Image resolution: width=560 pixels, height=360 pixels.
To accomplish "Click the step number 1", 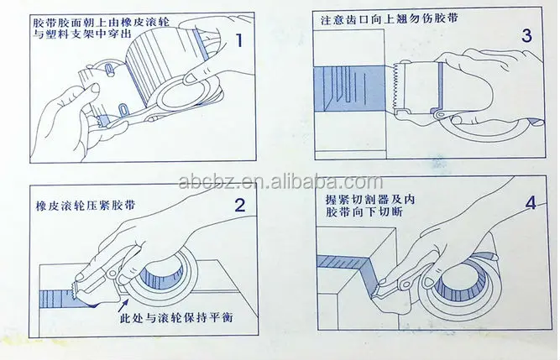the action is coord(239,40).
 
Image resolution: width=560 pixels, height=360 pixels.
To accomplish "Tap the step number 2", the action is coord(240,206).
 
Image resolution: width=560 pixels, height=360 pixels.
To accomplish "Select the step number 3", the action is coord(526,36).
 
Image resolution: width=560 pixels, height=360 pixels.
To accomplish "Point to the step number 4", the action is coord(531,202).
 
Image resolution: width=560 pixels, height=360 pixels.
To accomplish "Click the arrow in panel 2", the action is coord(122,305).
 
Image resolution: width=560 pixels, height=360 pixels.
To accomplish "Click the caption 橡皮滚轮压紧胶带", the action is coord(86,206).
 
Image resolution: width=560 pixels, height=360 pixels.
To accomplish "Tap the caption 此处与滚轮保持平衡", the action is coord(177,317).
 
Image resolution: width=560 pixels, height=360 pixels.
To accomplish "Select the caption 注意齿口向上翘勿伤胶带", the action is coord(390,19).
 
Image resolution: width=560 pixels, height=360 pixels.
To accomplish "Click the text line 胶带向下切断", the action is coord(364,212).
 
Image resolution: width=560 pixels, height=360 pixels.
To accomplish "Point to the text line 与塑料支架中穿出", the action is coord(82,34).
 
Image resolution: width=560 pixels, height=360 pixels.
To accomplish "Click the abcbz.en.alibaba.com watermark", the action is coord(280,182).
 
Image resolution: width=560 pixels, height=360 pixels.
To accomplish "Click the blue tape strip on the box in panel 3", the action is coord(349,88).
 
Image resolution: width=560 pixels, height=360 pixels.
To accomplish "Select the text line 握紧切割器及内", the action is coord(370,199).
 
